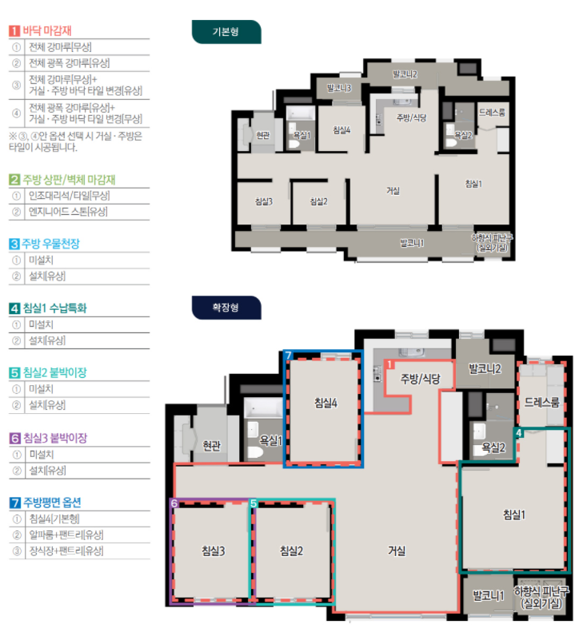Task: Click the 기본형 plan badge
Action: pos(226,32)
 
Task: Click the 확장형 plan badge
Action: pos(226,308)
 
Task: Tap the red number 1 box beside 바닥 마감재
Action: pos(14,31)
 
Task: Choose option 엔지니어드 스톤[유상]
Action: pos(68,212)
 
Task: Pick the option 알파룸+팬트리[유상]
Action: pos(66,535)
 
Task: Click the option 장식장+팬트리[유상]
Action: pos(66,551)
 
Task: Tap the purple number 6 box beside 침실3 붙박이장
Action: pos(14,438)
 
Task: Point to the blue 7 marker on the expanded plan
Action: pos(288,356)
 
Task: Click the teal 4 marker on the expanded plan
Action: pos(518,433)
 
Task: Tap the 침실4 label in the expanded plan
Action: pos(325,403)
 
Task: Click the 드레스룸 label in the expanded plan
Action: pos(541,403)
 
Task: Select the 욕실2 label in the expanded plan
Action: pos(493,447)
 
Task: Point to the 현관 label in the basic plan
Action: pos(263,135)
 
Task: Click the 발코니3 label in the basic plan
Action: pos(339,88)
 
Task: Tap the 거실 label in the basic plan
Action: pos(393,191)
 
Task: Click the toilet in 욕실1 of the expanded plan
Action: pos(255,451)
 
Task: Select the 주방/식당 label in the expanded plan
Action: pos(420,379)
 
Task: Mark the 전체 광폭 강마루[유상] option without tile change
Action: pos(70,63)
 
